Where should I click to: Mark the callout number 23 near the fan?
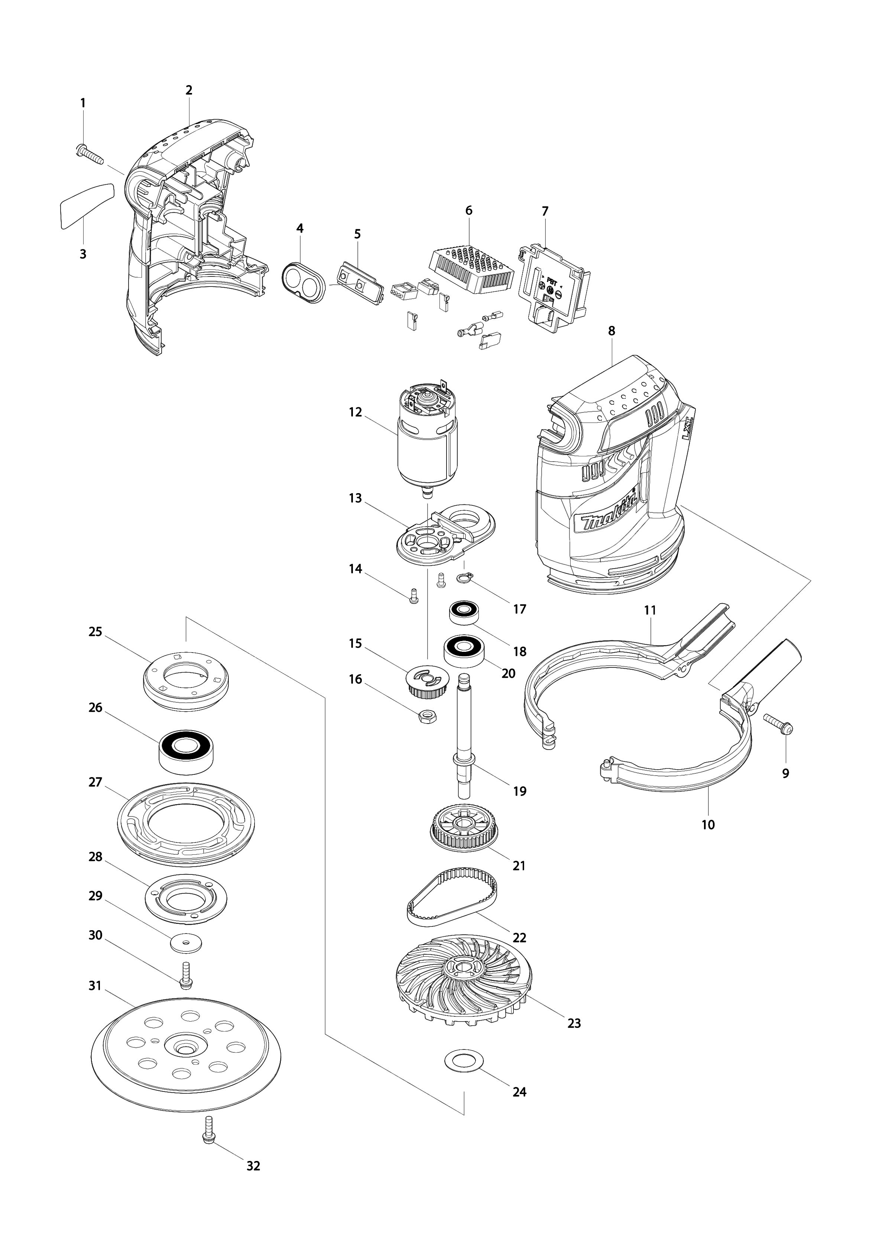pos(574,1023)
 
